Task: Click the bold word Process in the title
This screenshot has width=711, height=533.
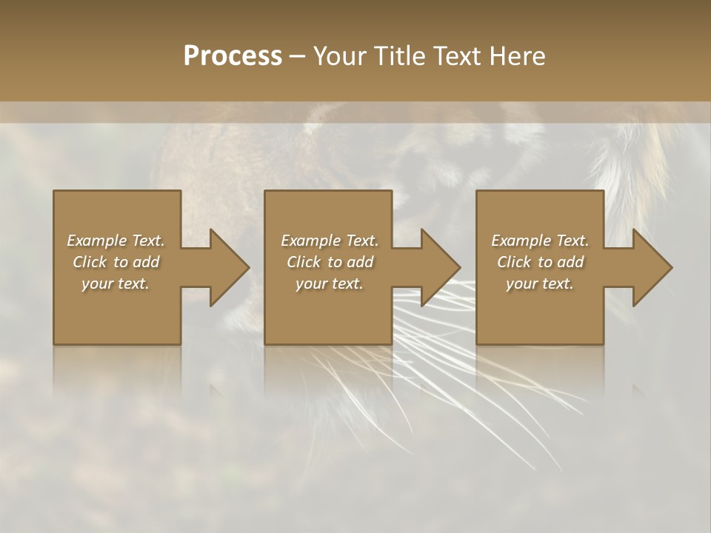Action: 233,56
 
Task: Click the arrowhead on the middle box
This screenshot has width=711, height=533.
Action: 439,267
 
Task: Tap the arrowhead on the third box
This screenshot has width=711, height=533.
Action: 651,267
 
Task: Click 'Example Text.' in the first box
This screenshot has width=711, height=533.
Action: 116,241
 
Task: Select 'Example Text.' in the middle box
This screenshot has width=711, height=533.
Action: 329,241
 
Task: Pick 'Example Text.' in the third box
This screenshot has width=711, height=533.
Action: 540,241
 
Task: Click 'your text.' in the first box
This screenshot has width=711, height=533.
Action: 116,284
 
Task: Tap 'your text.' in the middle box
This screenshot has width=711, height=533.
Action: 329,284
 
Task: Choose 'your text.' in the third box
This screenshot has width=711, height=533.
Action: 540,284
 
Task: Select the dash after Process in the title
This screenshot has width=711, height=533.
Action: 296,56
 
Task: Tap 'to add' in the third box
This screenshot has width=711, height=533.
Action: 564,262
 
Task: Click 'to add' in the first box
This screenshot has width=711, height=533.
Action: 140,262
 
